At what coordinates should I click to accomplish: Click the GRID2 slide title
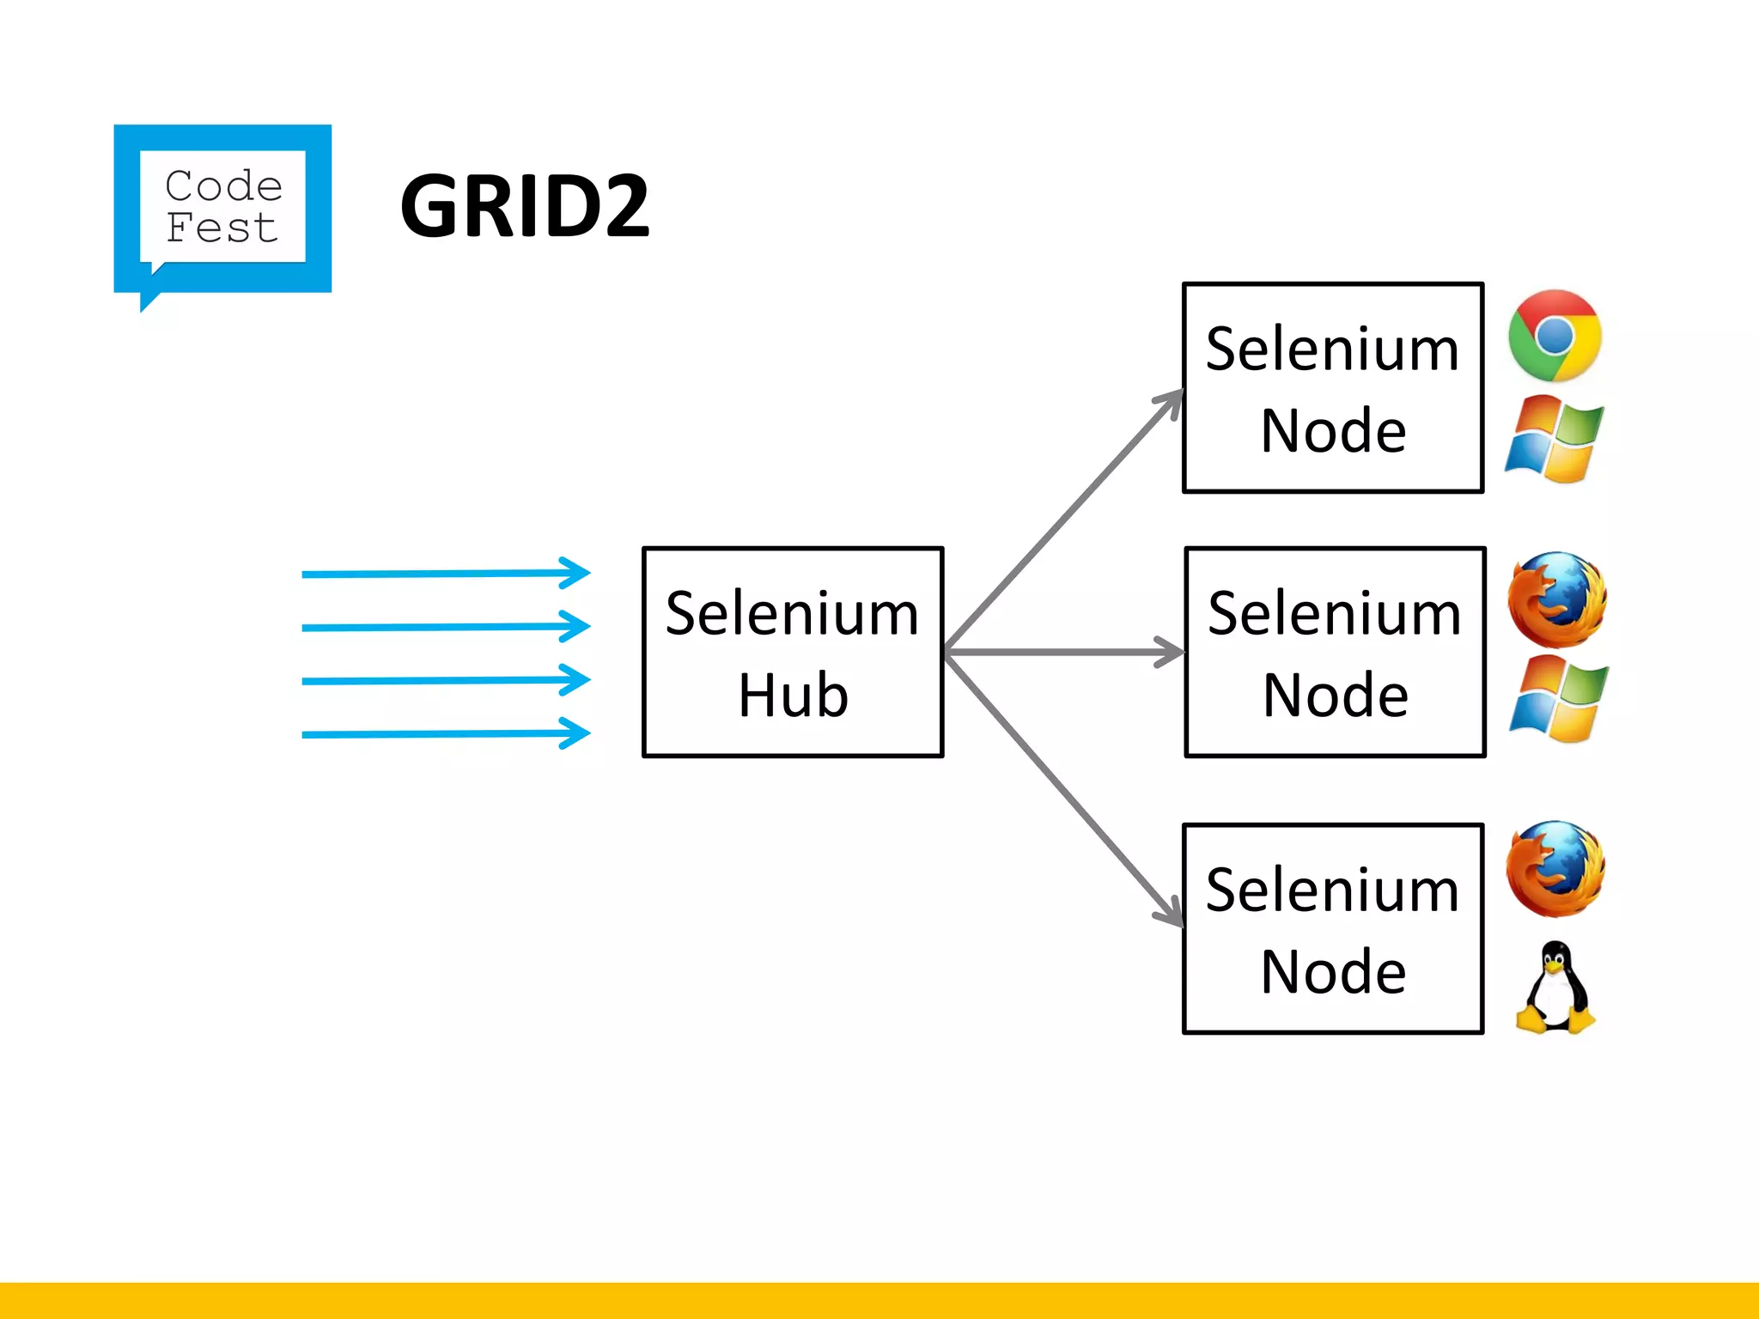524,206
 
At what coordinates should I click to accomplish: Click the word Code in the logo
223,185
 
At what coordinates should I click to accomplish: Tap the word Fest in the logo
222,228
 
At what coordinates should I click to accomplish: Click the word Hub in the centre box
792,696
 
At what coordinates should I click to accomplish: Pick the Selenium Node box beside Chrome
1332,388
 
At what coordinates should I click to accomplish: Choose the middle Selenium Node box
1334,652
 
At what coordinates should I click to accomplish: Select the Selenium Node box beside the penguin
1332,928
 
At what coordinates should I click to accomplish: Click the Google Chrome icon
1555,336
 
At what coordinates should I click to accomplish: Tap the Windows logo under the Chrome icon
1555,439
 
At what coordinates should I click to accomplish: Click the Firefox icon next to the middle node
1556,599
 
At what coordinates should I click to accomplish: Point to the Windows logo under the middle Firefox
1558,698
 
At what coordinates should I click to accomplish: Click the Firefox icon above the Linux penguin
1555,868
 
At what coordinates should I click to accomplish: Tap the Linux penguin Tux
1555,988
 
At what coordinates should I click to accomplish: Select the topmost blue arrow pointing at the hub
445,573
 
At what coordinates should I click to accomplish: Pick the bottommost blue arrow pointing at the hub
445,734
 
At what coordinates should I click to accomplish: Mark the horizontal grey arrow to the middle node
1063,653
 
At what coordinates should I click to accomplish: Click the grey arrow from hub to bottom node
1063,788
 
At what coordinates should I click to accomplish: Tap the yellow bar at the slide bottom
879,1300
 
